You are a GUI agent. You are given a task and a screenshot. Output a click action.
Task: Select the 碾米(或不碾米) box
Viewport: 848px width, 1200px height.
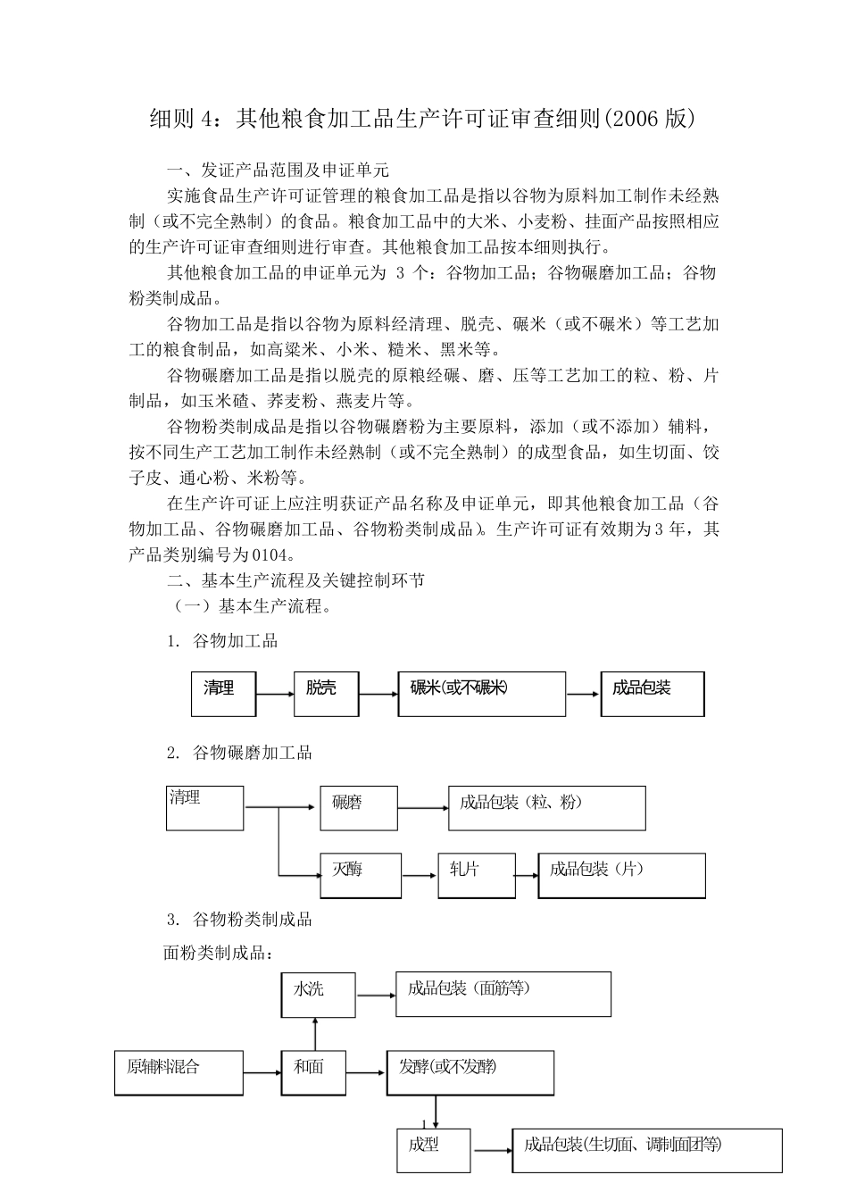[481, 694]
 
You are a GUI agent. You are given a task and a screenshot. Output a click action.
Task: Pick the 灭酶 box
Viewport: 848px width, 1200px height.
[361, 875]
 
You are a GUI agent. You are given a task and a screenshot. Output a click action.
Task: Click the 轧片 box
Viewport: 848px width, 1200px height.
[477, 875]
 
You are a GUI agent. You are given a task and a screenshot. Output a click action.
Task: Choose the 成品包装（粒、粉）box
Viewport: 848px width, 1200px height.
[546, 808]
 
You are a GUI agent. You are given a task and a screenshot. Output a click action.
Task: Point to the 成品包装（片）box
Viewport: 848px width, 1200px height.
[621, 875]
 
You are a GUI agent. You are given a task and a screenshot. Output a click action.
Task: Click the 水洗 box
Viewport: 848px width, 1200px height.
[319, 995]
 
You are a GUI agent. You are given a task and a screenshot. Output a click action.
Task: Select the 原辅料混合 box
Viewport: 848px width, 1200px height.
[179, 1072]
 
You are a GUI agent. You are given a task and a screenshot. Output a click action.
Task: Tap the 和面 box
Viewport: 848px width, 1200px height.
[314, 1072]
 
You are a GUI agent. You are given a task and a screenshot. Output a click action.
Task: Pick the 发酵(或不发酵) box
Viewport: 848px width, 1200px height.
[470, 1072]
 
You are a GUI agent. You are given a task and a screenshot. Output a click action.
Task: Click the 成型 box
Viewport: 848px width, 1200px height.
[433, 1150]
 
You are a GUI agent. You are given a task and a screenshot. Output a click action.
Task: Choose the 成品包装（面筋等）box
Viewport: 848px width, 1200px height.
[503, 994]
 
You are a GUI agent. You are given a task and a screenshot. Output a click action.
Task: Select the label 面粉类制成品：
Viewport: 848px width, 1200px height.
[218, 953]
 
